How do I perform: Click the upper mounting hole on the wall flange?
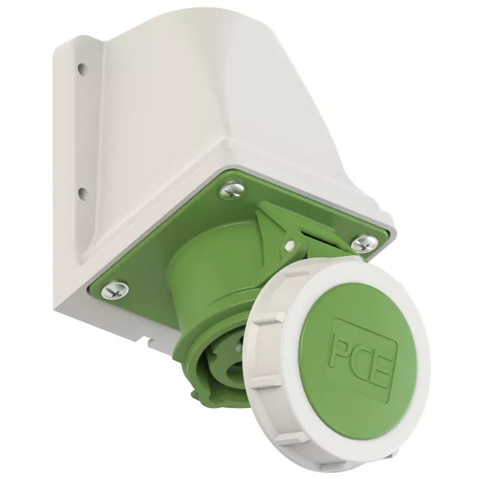coord(82,67)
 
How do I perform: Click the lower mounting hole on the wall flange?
coord(82,193)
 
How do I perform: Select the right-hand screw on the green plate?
coord(366,243)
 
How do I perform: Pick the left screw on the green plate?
coord(115,290)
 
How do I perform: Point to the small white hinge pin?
coord(291,245)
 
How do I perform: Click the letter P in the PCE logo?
coord(342,348)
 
